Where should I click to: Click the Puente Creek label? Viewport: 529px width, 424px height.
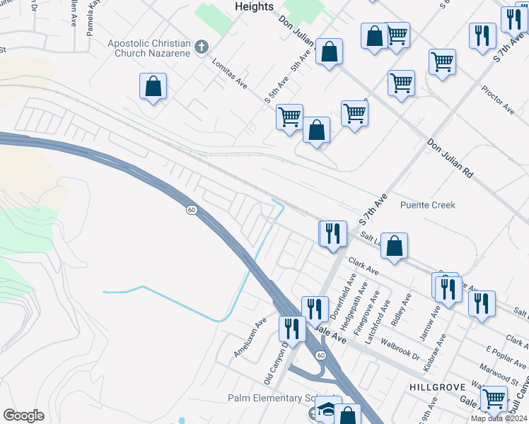[427, 205]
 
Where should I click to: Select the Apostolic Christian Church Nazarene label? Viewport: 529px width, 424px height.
[150, 48]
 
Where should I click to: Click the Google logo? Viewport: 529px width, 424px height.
[23, 416]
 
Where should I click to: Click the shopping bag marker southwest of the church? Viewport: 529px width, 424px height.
[153, 87]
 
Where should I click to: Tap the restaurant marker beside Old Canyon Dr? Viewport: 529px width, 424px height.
[291, 329]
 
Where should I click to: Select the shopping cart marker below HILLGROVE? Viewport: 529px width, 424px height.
[494, 399]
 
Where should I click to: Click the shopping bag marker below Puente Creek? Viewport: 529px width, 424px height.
[394, 246]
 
